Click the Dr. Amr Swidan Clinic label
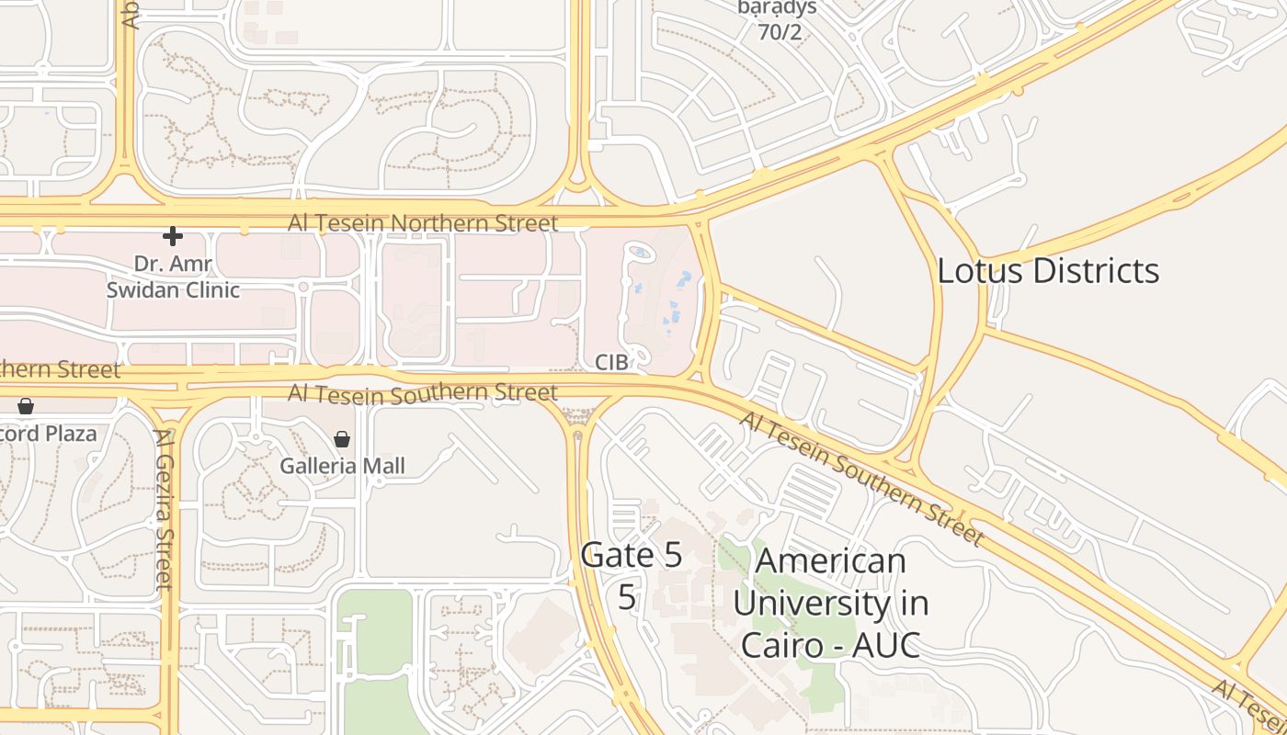(173, 277)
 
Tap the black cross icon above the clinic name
(172, 237)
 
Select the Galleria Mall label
(342, 466)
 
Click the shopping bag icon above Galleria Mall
(342, 439)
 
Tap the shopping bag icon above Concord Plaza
(26, 406)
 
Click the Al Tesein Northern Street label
(423, 223)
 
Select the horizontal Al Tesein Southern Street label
(423, 393)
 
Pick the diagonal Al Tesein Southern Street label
(861, 478)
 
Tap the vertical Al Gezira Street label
(164, 510)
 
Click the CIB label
(611, 363)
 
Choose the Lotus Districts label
(1048, 271)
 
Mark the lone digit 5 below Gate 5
(627, 597)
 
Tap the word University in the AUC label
(830, 604)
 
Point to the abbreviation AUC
(885, 645)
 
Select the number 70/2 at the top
(779, 32)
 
